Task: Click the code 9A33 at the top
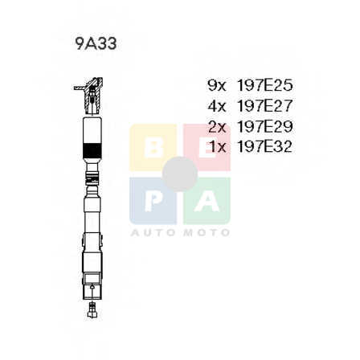click(x=96, y=44)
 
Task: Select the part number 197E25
click(x=264, y=85)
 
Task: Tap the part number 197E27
click(x=264, y=106)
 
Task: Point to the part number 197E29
click(x=264, y=126)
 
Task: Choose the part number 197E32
click(x=264, y=146)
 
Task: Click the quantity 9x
click(x=217, y=86)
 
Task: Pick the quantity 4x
click(x=217, y=106)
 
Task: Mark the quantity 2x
click(x=217, y=126)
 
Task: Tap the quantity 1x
click(x=218, y=147)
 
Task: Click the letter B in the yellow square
click(x=153, y=148)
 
